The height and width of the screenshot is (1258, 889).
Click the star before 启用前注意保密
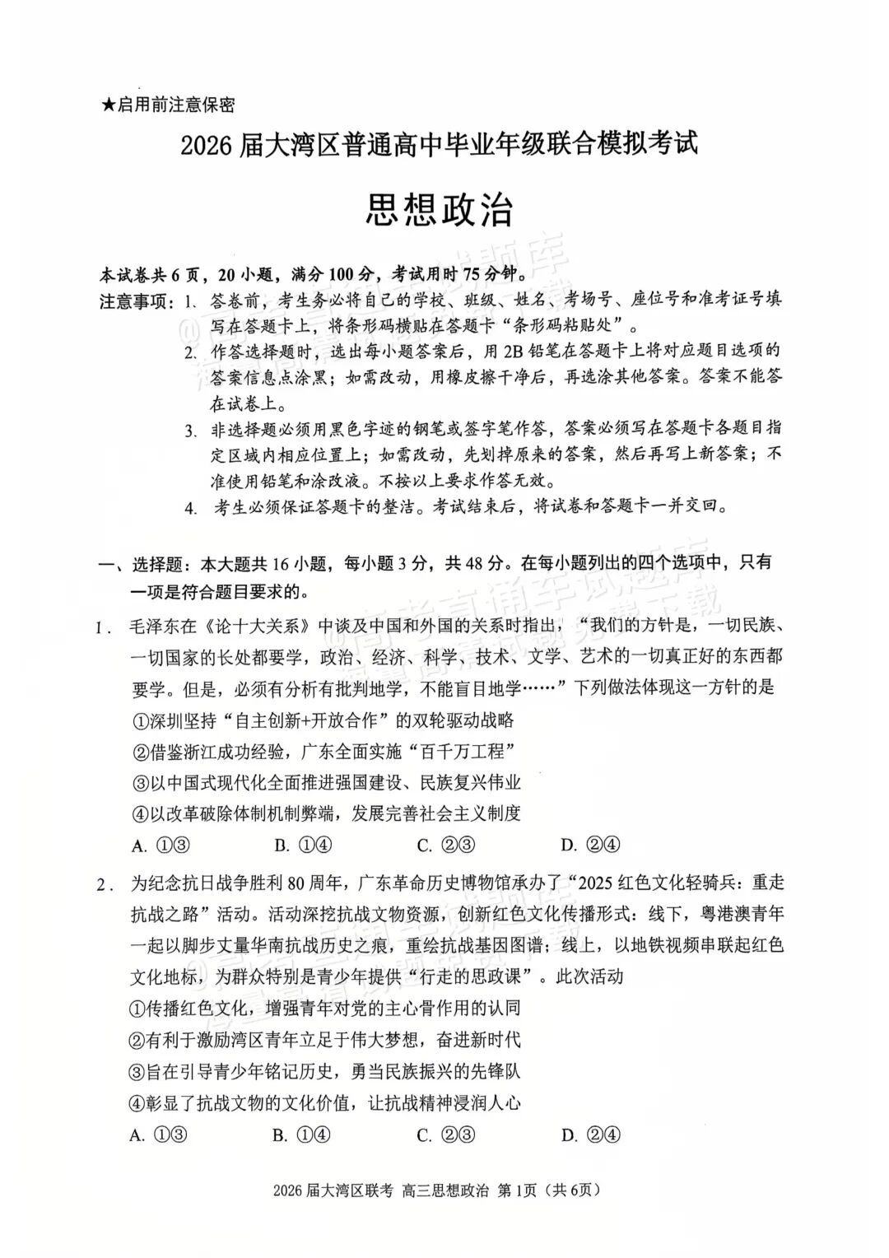pyautogui.click(x=108, y=105)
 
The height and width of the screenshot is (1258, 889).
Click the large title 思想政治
pyautogui.click(x=440, y=211)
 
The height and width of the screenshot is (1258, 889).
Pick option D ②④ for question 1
pyautogui.click(x=590, y=845)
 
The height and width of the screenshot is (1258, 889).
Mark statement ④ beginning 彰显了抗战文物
pyautogui.click(x=325, y=1103)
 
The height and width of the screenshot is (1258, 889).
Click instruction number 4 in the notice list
pyautogui.click(x=191, y=508)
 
